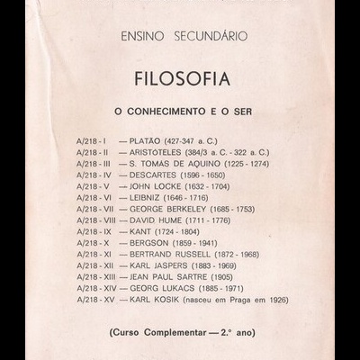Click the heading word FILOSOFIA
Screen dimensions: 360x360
click(180, 77)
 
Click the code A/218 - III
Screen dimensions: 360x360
click(94, 166)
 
